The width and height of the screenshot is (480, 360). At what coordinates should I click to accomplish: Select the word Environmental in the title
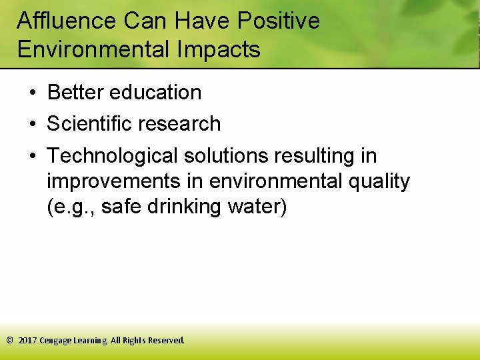(x=83, y=49)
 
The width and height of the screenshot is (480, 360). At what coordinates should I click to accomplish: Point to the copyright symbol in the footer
(x=9, y=340)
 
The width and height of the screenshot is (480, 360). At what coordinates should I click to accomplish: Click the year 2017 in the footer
(x=27, y=340)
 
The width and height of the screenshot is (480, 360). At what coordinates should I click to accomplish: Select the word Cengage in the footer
(x=57, y=341)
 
